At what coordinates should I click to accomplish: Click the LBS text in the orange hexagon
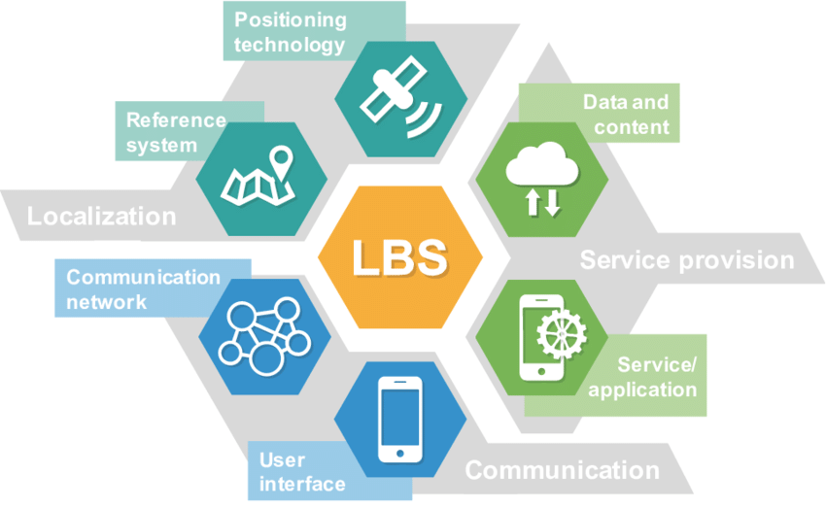(x=399, y=258)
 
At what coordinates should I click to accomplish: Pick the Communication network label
(x=143, y=288)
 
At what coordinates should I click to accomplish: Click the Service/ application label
(x=657, y=377)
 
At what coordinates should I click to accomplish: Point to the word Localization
(x=101, y=216)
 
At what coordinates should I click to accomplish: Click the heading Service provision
(x=686, y=260)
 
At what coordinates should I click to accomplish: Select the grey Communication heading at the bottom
(x=562, y=471)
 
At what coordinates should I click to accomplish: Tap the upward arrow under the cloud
(x=532, y=203)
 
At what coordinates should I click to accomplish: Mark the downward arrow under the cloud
(x=551, y=203)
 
